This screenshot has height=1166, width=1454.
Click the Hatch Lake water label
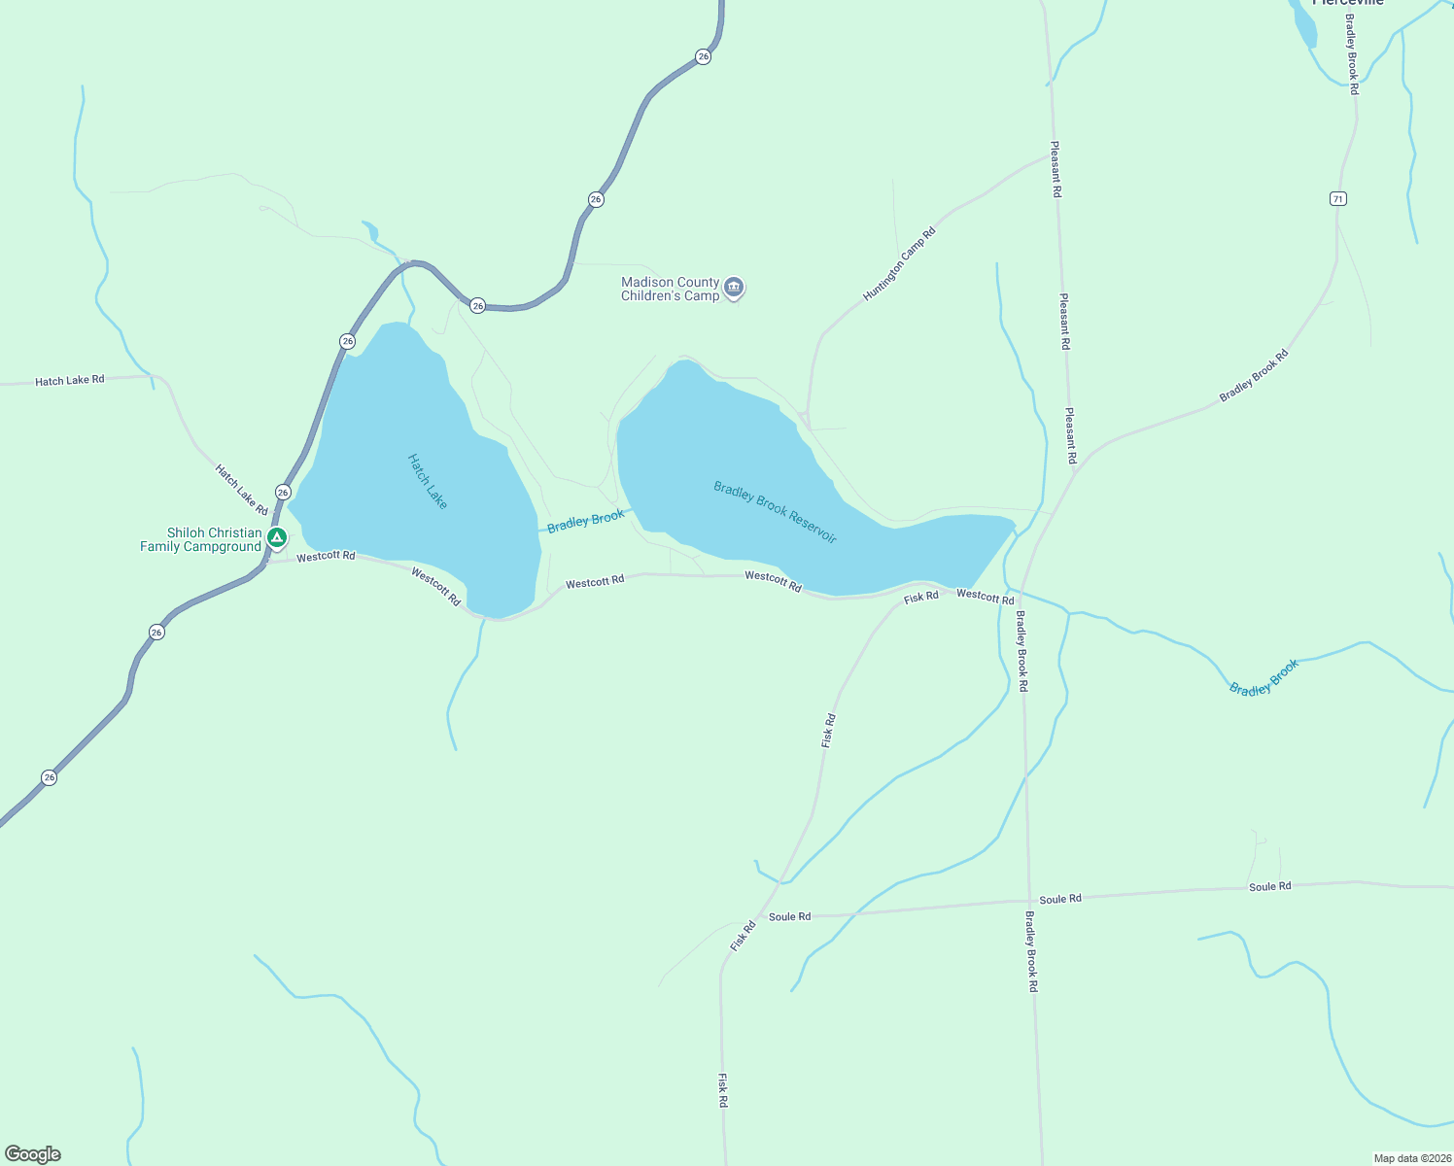click(428, 481)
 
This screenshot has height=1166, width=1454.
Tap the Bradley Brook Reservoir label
click(775, 512)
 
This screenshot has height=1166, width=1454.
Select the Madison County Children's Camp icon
click(734, 287)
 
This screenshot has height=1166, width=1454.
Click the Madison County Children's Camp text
click(671, 289)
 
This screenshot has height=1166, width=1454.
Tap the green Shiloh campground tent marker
click(277, 537)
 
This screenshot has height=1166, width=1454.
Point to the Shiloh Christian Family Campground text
click(201, 539)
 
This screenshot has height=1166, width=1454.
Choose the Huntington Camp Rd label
click(899, 263)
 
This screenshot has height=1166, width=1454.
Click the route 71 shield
click(1338, 198)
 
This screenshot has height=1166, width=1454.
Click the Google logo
click(33, 1154)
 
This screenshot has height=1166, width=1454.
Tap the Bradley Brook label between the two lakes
click(585, 521)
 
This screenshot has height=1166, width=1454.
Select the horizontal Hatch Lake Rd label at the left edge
click(70, 380)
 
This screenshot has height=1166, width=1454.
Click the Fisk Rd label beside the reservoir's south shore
click(921, 597)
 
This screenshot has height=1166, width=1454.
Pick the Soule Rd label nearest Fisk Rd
click(789, 916)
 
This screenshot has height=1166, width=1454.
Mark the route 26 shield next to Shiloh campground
click(283, 493)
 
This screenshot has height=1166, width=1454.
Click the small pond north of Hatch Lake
click(370, 230)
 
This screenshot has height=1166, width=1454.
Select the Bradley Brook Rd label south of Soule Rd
click(1031, 950)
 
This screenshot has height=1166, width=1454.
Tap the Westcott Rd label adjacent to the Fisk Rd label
click(985, 596)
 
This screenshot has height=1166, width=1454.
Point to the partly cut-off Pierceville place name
click(1347, 3)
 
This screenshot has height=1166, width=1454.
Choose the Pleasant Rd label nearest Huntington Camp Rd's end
click(1056, 169)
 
